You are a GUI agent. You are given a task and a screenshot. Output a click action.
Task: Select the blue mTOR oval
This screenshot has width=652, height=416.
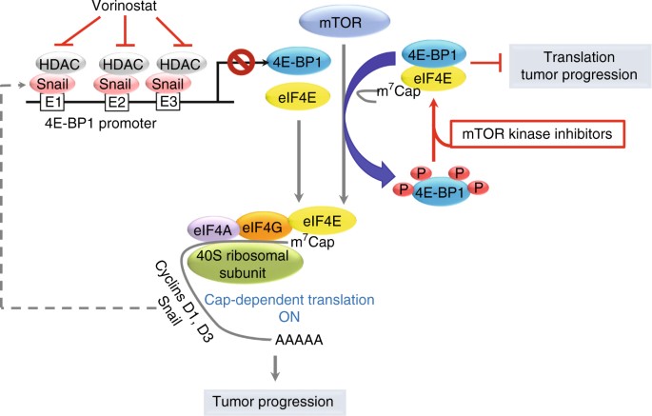tap(342, 18)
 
